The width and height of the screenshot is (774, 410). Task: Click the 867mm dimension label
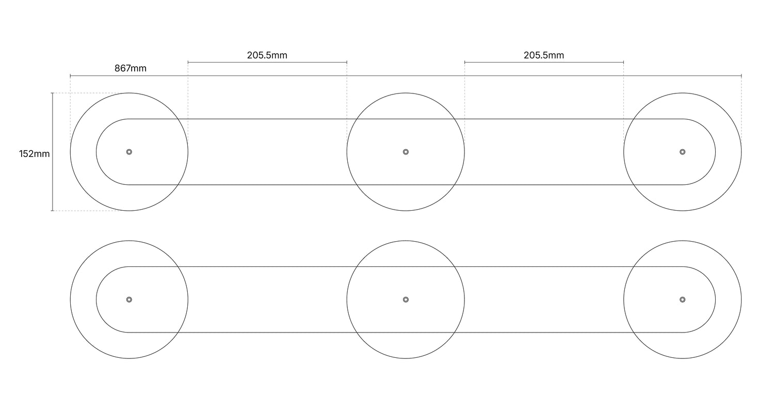pos(130,69)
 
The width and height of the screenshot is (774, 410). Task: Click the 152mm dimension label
pos(34,154)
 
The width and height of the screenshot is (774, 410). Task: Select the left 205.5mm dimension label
pos(267,55)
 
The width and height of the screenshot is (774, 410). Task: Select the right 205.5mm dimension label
pos(544,55)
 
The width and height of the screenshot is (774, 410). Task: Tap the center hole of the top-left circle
pos(129,152)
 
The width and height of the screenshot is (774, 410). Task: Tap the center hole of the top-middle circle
pos(406,152)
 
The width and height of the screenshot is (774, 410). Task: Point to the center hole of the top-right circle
pos(682,152)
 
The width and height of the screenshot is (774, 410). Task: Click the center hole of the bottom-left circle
pos(129,299)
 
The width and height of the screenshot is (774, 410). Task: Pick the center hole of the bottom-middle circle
pos(406,299)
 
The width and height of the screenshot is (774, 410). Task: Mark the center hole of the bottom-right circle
pos(682,299)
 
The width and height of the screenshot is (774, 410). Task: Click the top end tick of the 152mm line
pos(52,93)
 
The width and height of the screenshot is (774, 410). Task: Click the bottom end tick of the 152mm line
pos(52,211)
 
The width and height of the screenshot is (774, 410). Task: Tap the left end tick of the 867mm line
pos(70,76)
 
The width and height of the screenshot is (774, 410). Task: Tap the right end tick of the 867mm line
pos(741,76)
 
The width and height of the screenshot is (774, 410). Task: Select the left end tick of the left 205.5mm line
pos(188,62)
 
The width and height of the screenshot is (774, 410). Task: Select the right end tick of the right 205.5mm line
pos(623,62)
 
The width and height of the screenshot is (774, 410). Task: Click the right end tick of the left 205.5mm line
pos(347,62)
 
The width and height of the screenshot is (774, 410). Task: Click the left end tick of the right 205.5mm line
pos(464,62)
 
